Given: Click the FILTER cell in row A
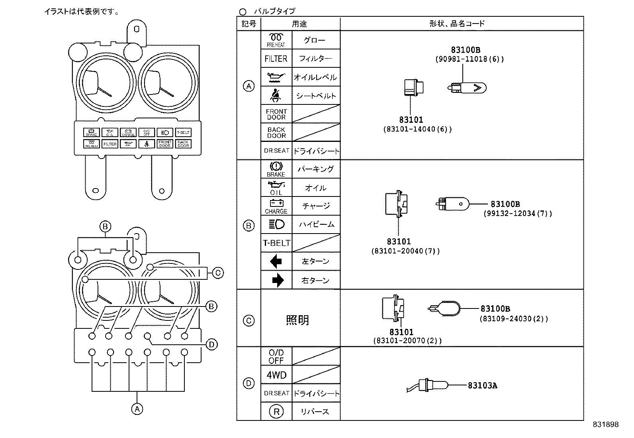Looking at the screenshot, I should tap(276, 59).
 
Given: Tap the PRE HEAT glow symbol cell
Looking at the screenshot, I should tap(276, 40).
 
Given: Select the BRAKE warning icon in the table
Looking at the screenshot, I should tap(276, 169).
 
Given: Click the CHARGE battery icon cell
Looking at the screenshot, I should tap(276, 206).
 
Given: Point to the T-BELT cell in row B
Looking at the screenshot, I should tap(276, 243).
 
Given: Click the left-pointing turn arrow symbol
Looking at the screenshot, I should tap(276, 261).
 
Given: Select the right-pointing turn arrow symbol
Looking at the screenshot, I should tap(278, 280).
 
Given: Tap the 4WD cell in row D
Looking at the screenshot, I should tap(276, 375).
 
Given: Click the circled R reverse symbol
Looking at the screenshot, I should tap(276, 411).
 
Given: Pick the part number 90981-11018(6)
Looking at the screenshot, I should tap(469, 59).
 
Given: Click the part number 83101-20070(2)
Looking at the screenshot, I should tap(407, 341).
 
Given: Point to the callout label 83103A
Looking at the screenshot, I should tap(482, 385).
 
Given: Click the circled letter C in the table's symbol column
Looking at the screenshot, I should tap(249, 320).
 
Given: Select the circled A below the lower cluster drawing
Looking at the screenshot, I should tap(137, 409).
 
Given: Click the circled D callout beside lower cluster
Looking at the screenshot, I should tap(212, 344).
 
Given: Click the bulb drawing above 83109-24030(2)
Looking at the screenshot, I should tap(444, 308).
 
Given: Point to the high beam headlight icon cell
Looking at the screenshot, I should tap(276, 224).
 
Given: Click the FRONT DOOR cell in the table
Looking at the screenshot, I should tap(276, 114).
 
